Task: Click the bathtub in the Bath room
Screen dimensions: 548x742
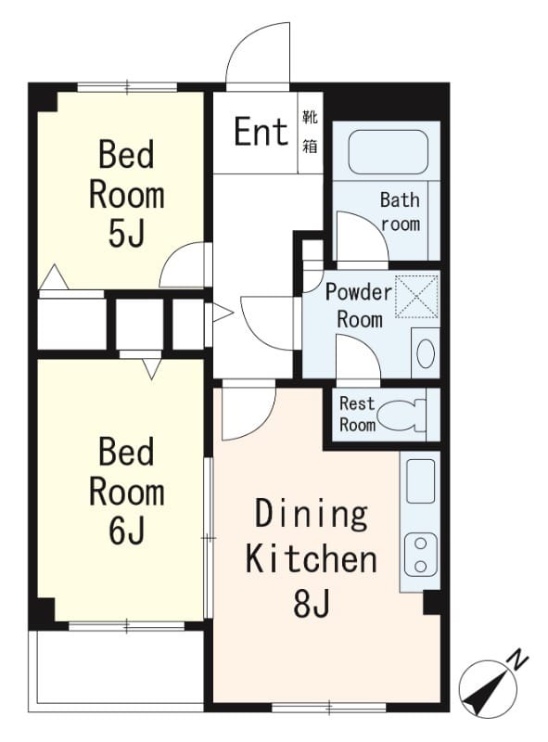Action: pos(388,152)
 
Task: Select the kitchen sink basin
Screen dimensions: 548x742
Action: pos(420,480)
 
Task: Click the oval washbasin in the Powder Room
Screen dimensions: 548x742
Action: pos(426,353)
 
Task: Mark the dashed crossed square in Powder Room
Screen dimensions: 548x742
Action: pos(416,296)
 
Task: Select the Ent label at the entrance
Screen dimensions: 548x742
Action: pos(261,132)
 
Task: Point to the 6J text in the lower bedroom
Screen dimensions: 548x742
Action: pos(126,531)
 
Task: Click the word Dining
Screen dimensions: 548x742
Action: pos(312,515)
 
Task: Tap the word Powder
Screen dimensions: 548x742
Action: pos(359,292)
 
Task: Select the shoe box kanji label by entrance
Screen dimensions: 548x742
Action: pos(310,132)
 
